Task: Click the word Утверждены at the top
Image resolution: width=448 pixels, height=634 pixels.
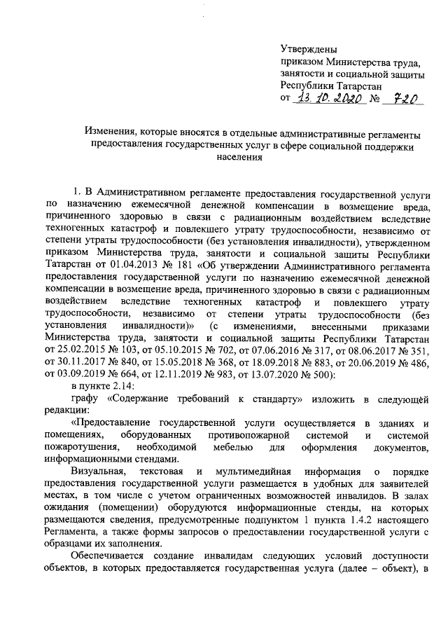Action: point(308,50)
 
